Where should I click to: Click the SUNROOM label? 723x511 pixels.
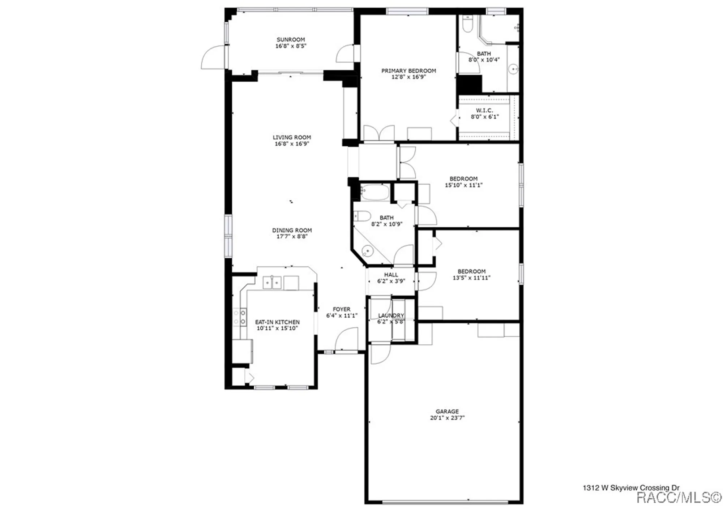coord(291,39)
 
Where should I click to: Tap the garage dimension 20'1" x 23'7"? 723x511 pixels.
coord(447,418)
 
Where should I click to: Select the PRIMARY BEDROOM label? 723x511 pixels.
coord(408,70)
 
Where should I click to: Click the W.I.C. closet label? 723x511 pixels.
coord(484,110)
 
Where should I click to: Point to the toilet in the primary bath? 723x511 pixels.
coord(467,25)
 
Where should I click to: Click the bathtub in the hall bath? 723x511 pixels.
coord(375,192)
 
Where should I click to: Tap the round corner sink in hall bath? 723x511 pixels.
coord(367,250)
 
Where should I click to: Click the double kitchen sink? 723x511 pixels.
coord(271,282)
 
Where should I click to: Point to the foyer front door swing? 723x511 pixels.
coord(347,339)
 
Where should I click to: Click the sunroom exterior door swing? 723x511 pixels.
coord(213,58)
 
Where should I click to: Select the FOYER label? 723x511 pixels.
coord(342,309)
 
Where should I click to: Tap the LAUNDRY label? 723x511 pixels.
coord(391,315)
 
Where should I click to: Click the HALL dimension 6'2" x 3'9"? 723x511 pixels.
coord(391,281)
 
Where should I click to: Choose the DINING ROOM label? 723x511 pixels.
coord(292,230)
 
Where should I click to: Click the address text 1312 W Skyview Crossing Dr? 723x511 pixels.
coord(631,488)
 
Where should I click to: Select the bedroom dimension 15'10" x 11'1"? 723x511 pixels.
coord(463,185)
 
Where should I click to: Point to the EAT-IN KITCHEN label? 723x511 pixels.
coord(277,322)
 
